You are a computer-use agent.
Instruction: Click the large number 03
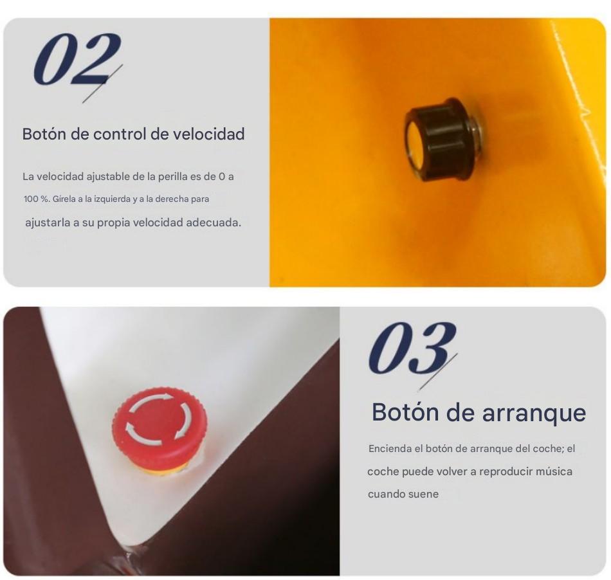coord(412,348)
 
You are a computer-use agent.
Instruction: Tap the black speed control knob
coord(444,139)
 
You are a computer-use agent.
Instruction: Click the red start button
coord(160,428)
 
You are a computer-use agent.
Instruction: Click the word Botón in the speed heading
coord(44,134)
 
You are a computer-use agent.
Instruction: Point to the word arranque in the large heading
coord(534,413)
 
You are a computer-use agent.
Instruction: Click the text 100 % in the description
coord(36,199)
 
